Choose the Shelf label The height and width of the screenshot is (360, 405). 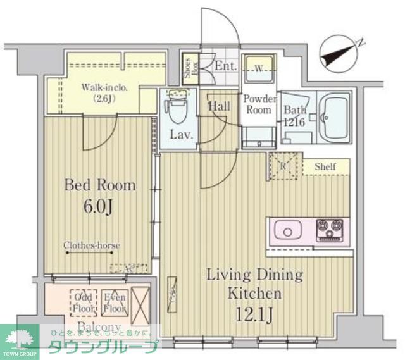325,166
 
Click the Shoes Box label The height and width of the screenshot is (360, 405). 189,66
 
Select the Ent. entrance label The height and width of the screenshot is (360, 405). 224,66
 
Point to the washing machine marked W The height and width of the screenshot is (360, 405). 259,68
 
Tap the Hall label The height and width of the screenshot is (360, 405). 220,106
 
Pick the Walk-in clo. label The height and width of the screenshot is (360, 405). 105,93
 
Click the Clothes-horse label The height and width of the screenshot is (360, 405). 91,245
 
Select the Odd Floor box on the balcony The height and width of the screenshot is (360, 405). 84,303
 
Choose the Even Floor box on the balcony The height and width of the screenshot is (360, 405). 115,303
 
